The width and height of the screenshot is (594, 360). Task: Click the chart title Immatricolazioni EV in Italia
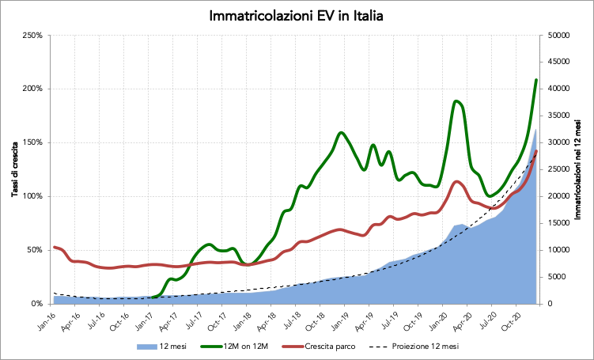coord(297,16)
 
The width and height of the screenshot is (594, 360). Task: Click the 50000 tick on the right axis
coord(559,36)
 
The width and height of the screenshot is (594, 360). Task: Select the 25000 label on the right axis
coord(559,169)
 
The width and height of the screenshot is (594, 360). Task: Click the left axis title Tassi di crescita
coord(14,169)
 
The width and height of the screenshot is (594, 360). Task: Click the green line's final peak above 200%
coord(536,80)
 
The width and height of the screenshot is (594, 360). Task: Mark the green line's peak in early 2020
coord(456,101)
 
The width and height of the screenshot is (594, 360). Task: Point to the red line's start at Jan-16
coord(54,247)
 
